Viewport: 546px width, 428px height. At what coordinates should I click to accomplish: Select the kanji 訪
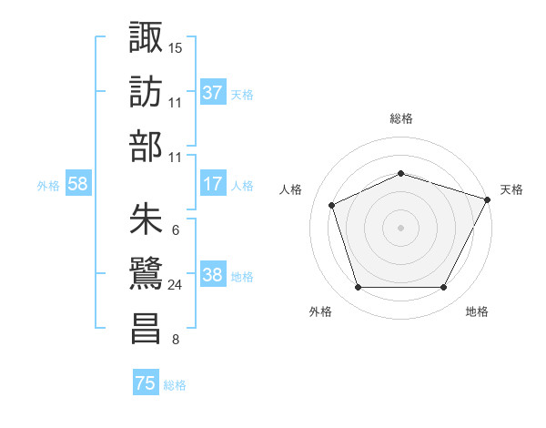coord(147,93)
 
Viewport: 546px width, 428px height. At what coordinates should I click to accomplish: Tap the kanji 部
coord(147,148)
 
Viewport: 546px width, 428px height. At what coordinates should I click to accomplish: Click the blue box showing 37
coord(213,92)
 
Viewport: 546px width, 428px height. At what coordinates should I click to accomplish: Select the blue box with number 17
coord(213,184)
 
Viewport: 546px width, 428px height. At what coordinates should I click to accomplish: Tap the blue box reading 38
coord(213,275)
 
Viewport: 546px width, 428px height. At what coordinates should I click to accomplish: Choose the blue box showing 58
coord(78,184)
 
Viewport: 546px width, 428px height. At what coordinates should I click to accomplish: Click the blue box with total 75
coord(146,383)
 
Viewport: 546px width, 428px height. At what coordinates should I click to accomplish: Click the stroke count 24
coord(176,285)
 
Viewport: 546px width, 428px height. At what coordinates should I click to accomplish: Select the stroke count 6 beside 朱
coord(174,229)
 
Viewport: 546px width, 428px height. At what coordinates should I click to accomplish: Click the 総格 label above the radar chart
coord(400,118)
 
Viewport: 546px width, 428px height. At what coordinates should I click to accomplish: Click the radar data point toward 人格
coord(332,205)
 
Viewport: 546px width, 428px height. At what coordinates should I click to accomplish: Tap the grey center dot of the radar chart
coord(400,227)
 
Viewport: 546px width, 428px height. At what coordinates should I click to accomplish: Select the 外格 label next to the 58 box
coord(48,185)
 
